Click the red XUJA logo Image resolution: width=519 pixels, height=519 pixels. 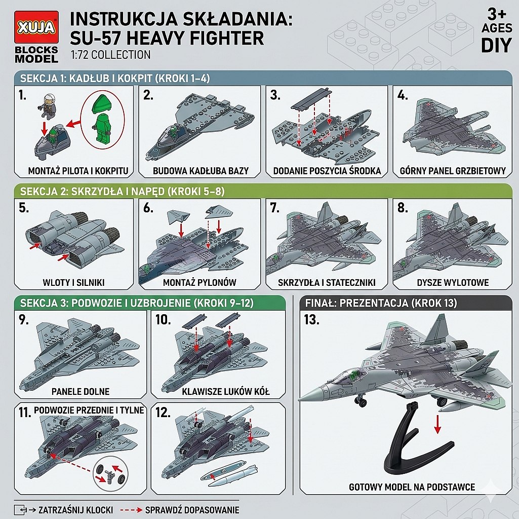coord(36,27)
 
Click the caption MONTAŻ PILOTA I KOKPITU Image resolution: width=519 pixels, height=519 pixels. coord(78,171)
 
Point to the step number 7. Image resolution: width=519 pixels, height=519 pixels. coord(275,208)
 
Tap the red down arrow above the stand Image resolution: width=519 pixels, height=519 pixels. coord(437,424)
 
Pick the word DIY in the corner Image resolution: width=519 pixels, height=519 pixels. coord(497,46)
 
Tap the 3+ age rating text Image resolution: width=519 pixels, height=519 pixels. coord(497,14)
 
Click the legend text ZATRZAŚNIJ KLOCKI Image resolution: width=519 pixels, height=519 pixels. coord(76,510)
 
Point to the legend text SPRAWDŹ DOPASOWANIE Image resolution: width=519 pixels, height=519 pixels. coord(192,510)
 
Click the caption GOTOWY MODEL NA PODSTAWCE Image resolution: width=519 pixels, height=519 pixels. coord(412,487)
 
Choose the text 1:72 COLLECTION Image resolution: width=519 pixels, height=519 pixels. coord(110,55)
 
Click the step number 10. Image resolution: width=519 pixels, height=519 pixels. coord(163,320)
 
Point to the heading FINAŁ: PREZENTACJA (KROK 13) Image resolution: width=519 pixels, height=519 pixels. coord(381,303)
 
